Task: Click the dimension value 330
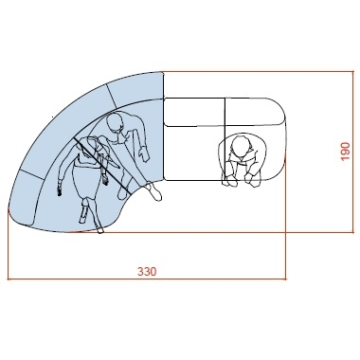point(147,271)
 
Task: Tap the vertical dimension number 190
point(346,152)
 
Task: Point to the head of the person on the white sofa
point(241,146)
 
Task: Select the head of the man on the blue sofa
point(115,124)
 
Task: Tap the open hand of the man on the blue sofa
point(144,153)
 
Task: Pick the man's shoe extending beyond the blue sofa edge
point(155,192)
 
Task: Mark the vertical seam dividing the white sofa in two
point(225,139)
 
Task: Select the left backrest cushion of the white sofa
point(194,112)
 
